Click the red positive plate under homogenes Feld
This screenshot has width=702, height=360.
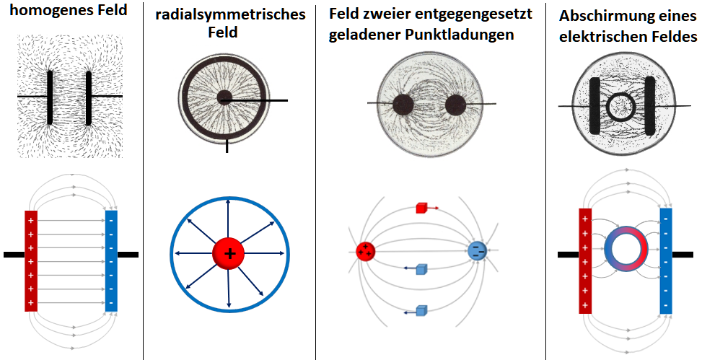coord(31,261)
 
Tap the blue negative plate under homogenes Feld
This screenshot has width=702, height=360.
coord(111,261)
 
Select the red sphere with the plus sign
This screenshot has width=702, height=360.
coord(229,253)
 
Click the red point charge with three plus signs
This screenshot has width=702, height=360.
coord(365,251)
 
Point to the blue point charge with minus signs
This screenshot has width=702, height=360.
coord(477,250)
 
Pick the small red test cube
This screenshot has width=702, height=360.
coord(422,208)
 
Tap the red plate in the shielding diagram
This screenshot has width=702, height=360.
coord(585,261)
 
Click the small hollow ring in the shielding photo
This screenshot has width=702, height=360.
coord(620,107)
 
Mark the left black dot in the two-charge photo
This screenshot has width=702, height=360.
coord(403,106)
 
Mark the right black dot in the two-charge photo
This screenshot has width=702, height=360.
coord(457,106)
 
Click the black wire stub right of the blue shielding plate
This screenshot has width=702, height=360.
coord(683,254)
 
